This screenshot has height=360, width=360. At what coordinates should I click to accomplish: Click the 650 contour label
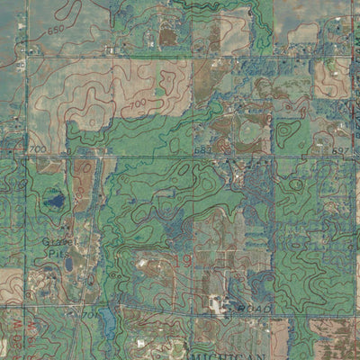tap(56, 31)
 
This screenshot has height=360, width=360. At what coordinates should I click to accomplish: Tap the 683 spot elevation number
tap(202, 149)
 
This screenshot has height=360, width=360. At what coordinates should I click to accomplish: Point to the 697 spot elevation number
tap(339, 149)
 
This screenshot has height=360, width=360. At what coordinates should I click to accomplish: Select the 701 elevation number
tap(89, 314)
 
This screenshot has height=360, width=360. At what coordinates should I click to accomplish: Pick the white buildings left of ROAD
tap(219, 304)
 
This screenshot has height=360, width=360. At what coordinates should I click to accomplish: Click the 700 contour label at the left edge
tap(37, 148)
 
